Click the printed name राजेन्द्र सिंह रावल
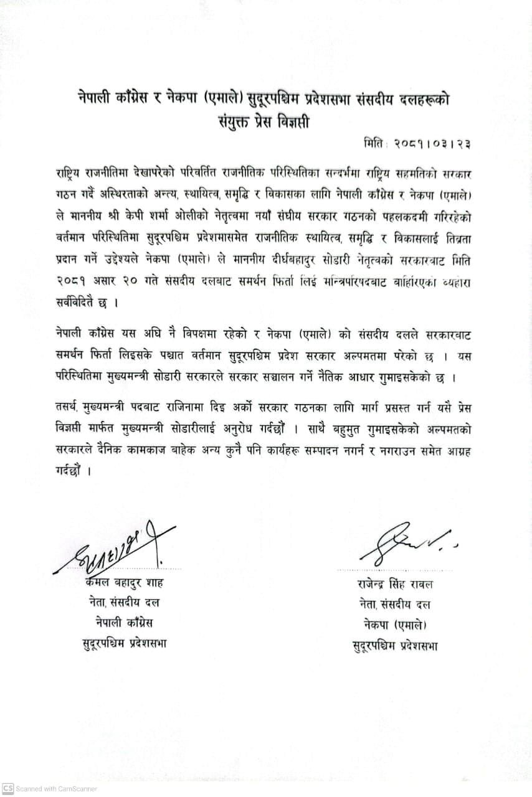point(395,584)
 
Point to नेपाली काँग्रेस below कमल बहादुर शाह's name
point(124,623)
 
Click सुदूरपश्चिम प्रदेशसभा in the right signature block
point(395,645)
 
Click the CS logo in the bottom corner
point(7,788)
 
